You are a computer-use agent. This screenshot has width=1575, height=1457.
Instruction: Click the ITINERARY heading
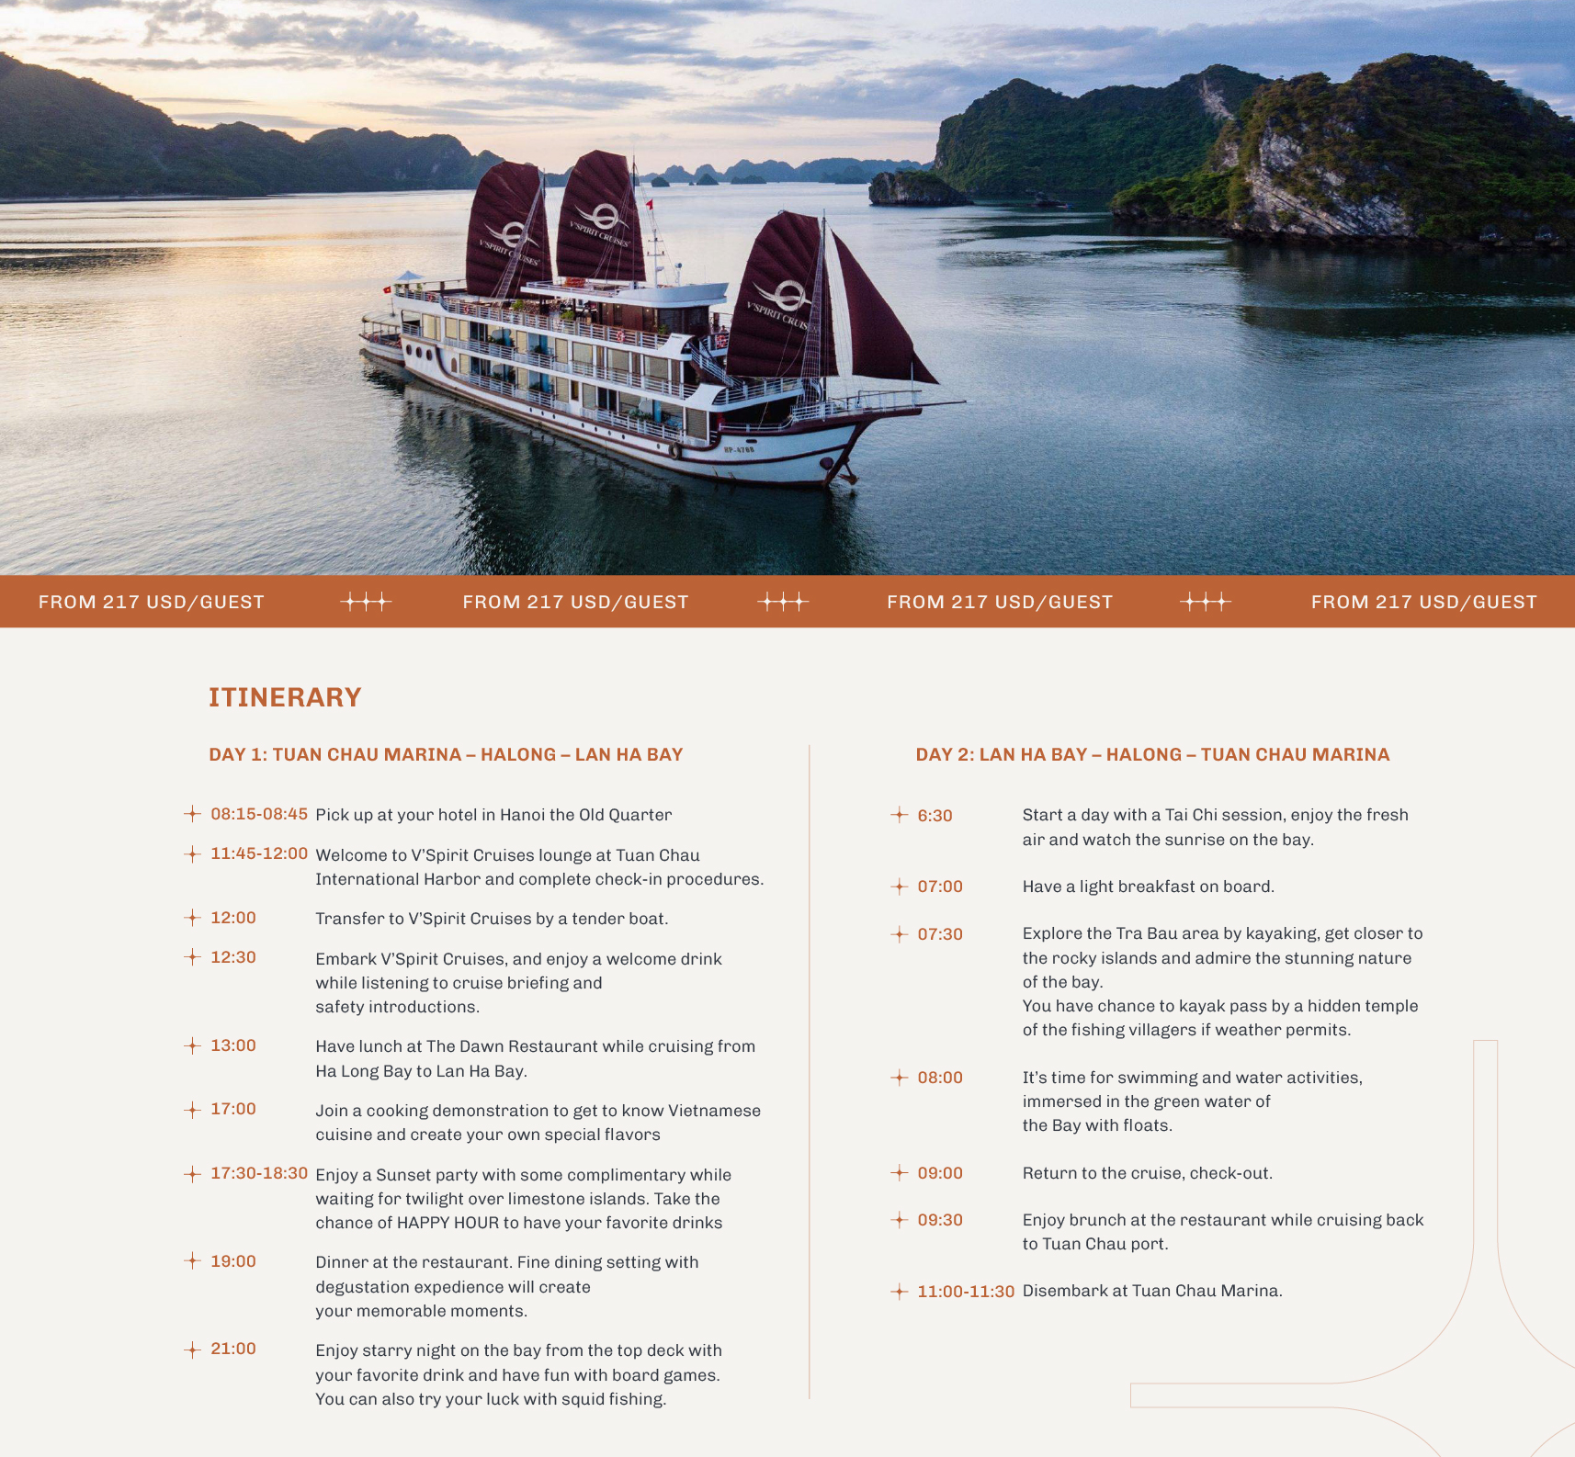(285, 697)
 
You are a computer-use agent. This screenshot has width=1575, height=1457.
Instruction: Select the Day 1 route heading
(446, 754)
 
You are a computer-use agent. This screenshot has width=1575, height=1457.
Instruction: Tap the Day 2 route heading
(1152, 754)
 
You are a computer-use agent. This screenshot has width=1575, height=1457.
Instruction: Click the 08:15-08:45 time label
(259, 814)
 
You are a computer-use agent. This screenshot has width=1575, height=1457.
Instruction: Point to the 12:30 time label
(233, 957)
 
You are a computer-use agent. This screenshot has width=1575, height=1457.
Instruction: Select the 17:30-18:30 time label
(259, 1173)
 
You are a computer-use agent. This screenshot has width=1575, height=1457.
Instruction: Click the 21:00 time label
(233, 1349)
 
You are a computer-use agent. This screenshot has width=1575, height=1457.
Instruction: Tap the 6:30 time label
(935, 816)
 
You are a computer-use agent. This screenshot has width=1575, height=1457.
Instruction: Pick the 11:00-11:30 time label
(966, 1292)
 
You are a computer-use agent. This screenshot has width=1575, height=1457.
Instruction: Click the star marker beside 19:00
(192, 1261)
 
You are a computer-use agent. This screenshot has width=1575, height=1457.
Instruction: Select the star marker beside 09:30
(900, 1220)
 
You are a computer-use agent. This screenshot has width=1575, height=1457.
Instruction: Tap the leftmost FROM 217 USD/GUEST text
(152, 602)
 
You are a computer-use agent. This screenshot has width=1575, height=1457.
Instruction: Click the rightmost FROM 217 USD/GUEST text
(1423, 602)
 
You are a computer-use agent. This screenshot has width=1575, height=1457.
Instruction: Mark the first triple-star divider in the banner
(366, 602)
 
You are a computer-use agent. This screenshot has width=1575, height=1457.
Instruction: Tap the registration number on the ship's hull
(739, 449)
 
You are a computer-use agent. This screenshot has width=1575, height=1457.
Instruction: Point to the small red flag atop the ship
(651, 204)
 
